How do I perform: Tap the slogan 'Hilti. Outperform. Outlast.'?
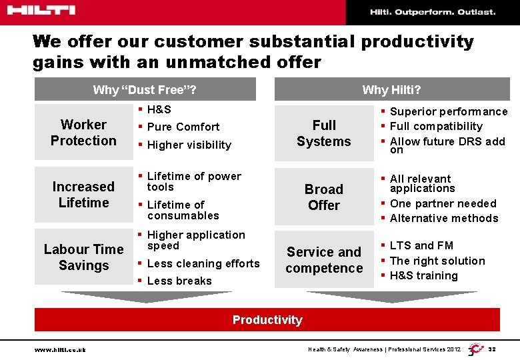(x=433, y=12)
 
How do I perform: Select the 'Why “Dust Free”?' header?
(x=145, y=89)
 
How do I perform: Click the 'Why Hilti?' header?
(x=391, y=89)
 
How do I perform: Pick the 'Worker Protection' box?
(x=83, y=133)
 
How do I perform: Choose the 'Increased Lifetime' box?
(x=83, y=195)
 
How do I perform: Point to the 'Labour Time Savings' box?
(x=83, y=257)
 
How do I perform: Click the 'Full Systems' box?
(x=324, y=133)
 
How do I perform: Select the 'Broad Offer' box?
(x=324, y=197)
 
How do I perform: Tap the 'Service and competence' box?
(x=324, y=260)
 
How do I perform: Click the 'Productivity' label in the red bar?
(x=267, y=320)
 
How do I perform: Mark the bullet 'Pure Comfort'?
(x=183, y=127)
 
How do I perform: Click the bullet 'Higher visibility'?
(x=189, y=145)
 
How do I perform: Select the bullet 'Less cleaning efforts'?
(x=203, y=263)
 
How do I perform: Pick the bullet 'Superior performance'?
(x=449, y=112)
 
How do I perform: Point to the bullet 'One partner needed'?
(x=443, y=203)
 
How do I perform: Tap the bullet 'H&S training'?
(x=424, y=275)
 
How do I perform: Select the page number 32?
(x=492, y=349)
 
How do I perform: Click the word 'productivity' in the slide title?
(x=417, y=41)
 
